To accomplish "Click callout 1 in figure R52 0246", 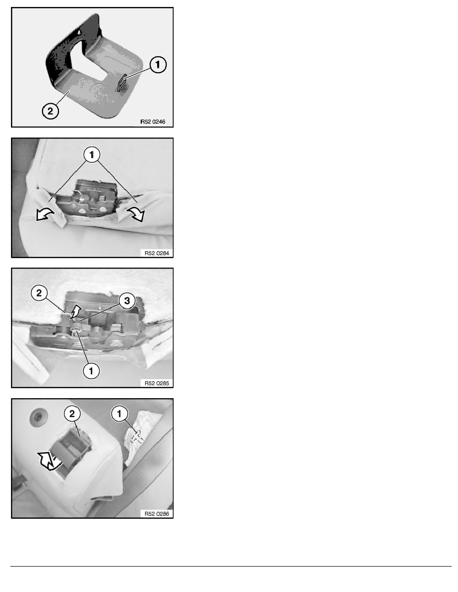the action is point(158,65).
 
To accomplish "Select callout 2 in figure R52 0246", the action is point(50,111).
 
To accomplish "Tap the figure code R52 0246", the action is point(153,122).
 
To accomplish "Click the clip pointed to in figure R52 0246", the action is point(121,83).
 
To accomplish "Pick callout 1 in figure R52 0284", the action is point(92,154).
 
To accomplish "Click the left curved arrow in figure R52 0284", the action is point(45,215).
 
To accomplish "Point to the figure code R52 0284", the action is point(157,253).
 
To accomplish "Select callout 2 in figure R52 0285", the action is point(39,293).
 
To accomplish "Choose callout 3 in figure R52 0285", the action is point(127,300).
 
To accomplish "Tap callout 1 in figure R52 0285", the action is point(91,371).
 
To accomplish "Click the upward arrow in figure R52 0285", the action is point(76,311).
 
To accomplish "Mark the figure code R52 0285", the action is point(157,383).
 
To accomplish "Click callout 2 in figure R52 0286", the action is point(72,414).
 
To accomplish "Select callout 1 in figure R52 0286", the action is point(119,414).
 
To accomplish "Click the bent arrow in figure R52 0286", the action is point(49,461).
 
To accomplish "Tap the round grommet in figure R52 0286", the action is point(37,417).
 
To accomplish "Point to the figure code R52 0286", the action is point(157,513).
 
